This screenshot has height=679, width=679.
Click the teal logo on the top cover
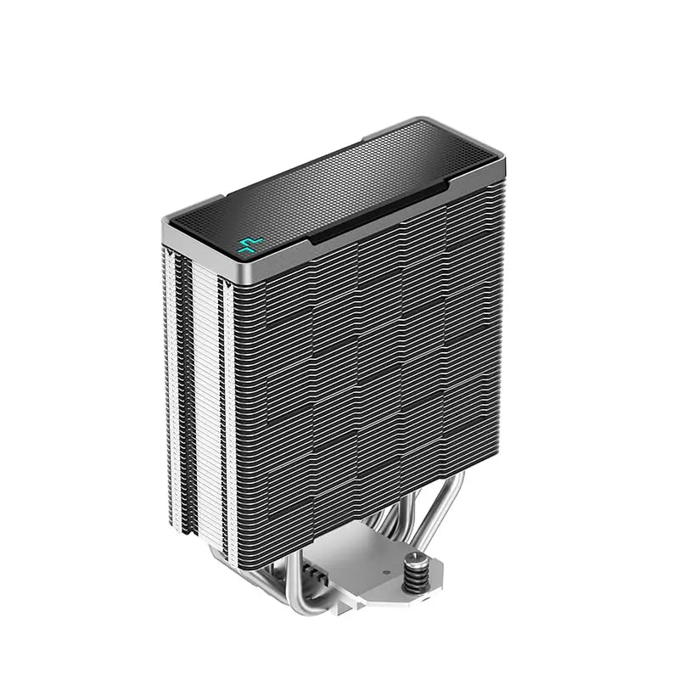click(x=248, y=246)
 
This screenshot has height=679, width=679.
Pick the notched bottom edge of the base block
click(x=365, y=604)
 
